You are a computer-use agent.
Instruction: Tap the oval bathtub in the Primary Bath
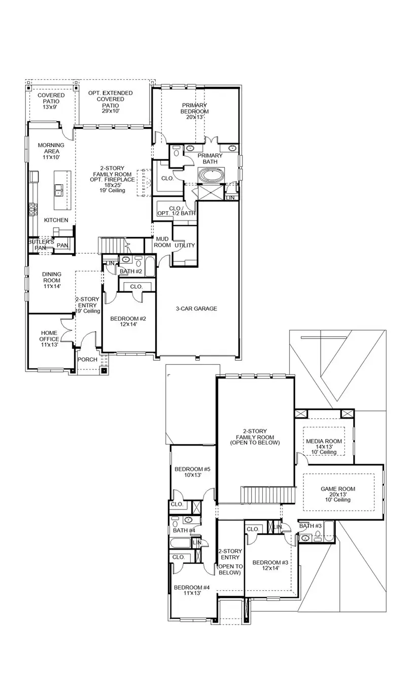point(210,176)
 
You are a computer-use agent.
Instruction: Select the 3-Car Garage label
point(196,309)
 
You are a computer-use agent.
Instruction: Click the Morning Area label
point(51,151)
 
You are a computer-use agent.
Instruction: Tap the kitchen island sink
point(59,190)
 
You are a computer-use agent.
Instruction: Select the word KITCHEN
point(56,220)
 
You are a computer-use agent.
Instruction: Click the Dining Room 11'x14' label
point(51,280)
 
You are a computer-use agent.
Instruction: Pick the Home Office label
point(49,338)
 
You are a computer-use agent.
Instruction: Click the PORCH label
point(87,360)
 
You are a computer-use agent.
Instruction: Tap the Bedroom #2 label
point(128,322)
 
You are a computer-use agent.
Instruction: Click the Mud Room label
point(162,242)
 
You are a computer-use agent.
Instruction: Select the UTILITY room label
point(185,246)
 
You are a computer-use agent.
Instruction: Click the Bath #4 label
point(184,531)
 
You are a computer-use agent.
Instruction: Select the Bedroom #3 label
point(270,565)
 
